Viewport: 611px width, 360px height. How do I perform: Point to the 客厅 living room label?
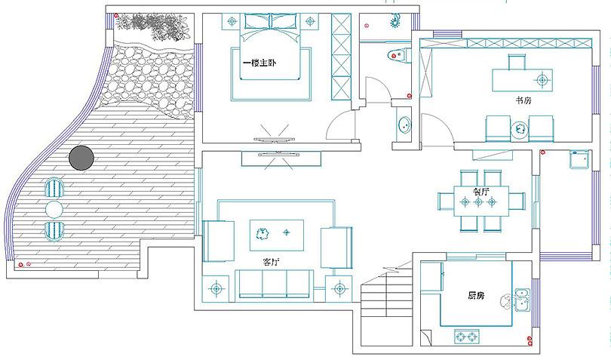point(270,262)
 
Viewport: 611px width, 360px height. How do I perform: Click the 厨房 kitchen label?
point(476,295)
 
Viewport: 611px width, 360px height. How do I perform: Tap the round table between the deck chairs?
point(54,208)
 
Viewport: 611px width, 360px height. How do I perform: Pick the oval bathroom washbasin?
point(404,125)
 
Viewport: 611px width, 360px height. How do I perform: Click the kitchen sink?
point(521,299)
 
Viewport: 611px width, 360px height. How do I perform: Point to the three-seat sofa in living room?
point(274,283)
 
